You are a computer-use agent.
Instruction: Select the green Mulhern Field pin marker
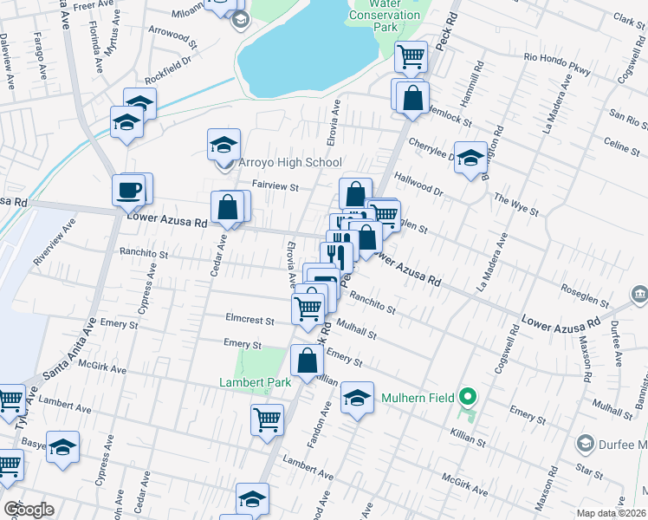pos(469,399)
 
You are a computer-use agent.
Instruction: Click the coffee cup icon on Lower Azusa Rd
pos(129,189)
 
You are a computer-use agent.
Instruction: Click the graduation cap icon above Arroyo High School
pos(224,144)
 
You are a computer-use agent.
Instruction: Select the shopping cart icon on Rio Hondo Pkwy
pos(411,57)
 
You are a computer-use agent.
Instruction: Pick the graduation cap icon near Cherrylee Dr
pos(470,158)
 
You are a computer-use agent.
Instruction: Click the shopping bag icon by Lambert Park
pos(307,361)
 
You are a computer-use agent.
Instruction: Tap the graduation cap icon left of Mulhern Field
pos(356,397)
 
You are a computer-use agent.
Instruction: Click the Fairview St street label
pos(275,185)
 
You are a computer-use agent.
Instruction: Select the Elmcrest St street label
pos(249,320)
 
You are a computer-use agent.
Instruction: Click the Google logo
pos(29,510)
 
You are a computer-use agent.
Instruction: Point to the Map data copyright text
pos(611,513)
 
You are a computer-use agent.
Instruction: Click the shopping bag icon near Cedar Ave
pos(227,208)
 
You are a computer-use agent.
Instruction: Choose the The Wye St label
pos(516,205)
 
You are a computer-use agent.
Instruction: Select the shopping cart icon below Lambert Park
pos(267,420)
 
